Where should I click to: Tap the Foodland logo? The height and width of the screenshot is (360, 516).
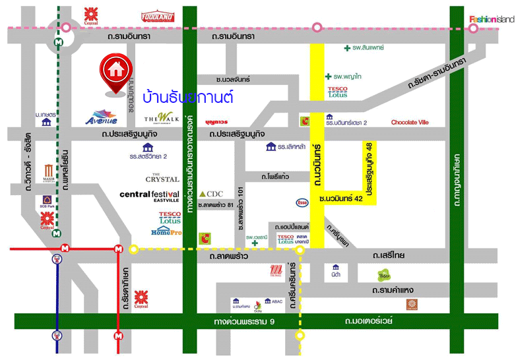coord(157,16)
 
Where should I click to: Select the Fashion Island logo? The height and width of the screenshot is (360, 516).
coord(491,19)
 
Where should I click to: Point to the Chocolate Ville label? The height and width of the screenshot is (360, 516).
coord(410,123)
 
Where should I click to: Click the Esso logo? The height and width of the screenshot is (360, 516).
coord(302,202)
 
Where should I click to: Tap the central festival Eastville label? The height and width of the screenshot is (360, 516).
coord(149,196)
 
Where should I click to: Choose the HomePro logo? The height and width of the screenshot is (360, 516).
coord(165,232)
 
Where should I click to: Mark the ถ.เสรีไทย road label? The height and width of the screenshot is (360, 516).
coord(388,256)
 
